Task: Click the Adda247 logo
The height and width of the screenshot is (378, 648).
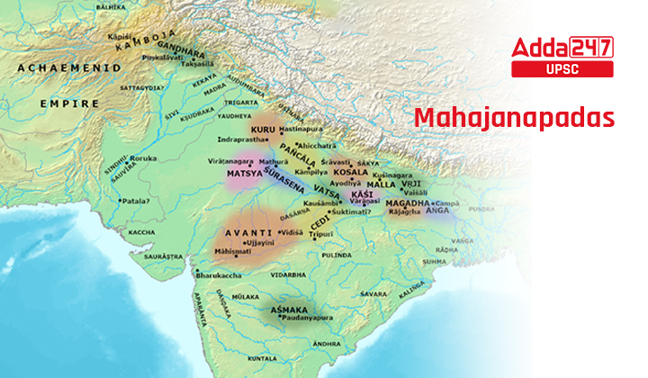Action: (x=562, y=48)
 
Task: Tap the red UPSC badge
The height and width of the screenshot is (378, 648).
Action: (x=562, y=69)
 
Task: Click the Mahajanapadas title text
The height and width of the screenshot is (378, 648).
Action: (x=514, y=118)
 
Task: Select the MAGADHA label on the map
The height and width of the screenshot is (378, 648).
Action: (x=404, y=203)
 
